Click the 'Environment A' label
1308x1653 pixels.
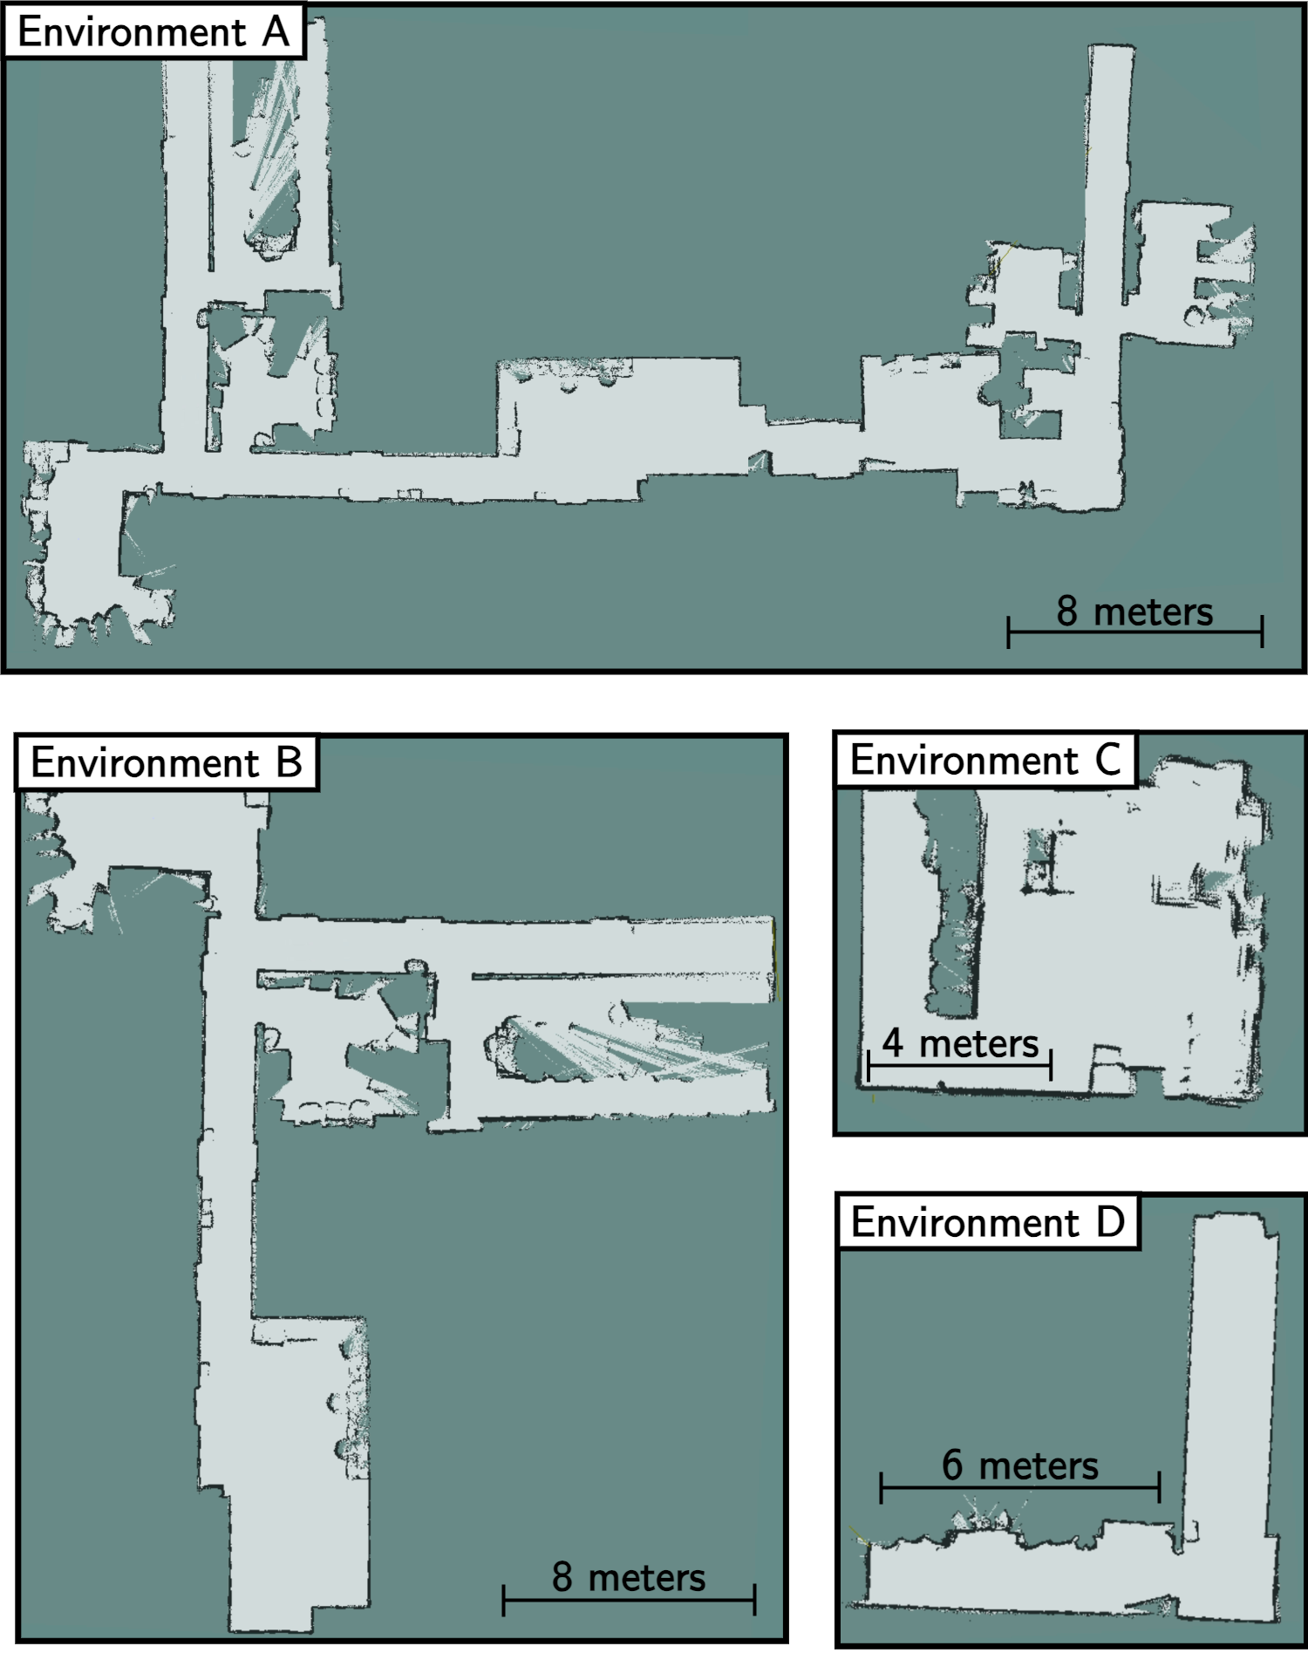(x=153, y=33)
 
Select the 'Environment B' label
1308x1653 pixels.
(x=166, y=763)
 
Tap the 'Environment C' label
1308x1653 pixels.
(x=985, y=761)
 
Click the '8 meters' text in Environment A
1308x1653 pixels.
(x=1134, y=611)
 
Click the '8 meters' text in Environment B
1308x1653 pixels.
(x=629, y=1577)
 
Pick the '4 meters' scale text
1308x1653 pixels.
(x=960, y=1043)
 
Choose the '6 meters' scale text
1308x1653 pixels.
(x=1019, y=1465)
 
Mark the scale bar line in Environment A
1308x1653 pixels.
(x=1134, y=631)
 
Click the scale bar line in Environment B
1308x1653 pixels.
(x=629, y=1600)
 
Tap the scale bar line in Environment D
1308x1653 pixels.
(x=1019, y=1486)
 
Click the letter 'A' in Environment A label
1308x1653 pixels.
(x=276, y=33)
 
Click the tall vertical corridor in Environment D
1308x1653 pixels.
(x=1230, y=1396)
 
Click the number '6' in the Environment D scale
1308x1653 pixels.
(x=952, y=1465)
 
